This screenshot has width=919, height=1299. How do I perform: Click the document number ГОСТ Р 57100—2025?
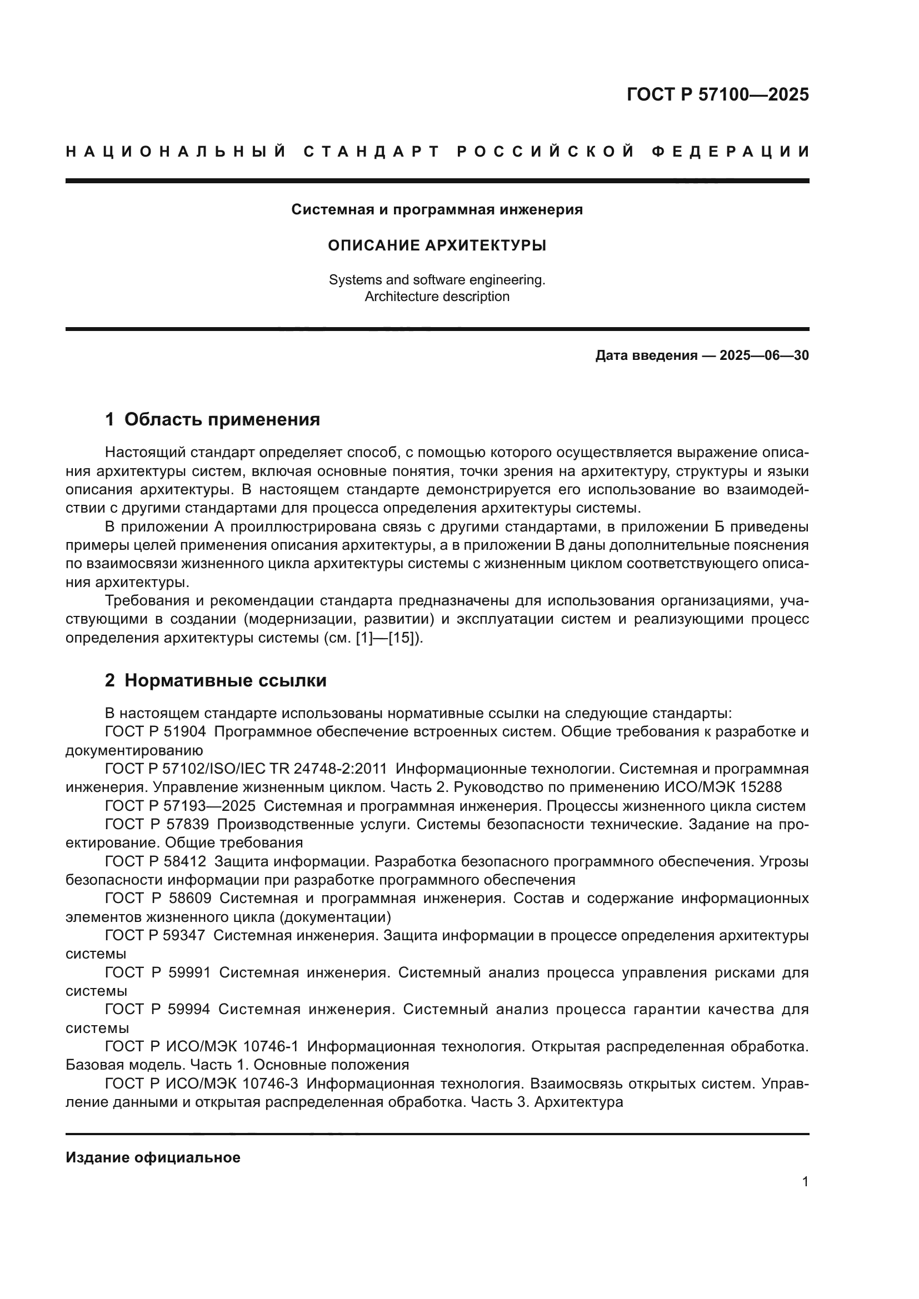coord(717,94)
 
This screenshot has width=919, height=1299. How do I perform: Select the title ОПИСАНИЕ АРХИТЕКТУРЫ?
coord(437,245)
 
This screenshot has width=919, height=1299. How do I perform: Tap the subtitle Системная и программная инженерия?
coord(437,210)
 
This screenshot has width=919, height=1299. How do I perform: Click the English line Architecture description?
coord(437,297)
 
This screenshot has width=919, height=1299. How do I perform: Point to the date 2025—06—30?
coord(764,356)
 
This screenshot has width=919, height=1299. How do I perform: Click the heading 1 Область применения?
coord(212,420)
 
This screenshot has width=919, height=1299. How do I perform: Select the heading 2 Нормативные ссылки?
coord(216,681)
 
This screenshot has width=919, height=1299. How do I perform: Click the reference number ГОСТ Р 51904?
coord(156,732)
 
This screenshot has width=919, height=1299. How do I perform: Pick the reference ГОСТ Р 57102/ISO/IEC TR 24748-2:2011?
coord(246,769)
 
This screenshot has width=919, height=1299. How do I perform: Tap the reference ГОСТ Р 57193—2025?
coord(180,806)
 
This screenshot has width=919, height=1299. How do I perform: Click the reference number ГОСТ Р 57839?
coord(157,824)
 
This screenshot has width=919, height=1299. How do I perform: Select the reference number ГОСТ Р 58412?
coord(156,862)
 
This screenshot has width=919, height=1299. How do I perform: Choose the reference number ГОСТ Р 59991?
coord(158,972)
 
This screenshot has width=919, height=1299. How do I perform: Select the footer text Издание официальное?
coord(153,1157)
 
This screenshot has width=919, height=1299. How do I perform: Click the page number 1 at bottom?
coord(805,1182)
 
